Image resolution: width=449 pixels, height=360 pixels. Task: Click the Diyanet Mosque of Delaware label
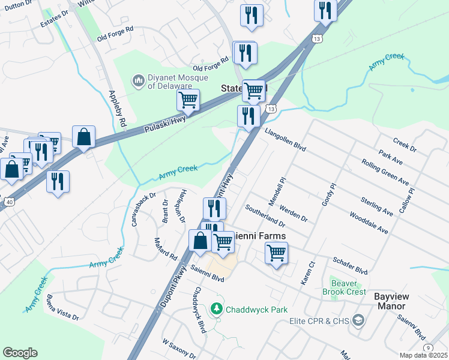tap(177, 82)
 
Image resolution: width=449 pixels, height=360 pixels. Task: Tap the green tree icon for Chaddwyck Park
tap(216, 309)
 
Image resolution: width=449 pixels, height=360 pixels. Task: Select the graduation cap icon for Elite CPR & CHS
tap(359, 320)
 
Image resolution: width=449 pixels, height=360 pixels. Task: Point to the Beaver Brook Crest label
tap(348, 287)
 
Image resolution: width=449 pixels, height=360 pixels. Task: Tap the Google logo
tap(20, 353)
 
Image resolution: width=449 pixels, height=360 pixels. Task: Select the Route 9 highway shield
tap(427, 347)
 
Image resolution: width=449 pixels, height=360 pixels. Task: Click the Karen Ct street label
tap(306, 273)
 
